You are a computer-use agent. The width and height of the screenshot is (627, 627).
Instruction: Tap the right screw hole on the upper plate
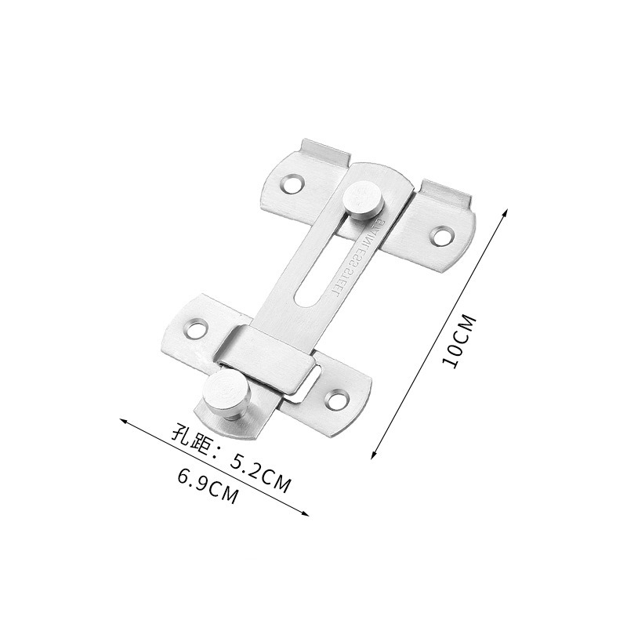click(443, 234)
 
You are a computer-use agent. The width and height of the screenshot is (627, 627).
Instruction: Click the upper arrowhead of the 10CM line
click(507, 212)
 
